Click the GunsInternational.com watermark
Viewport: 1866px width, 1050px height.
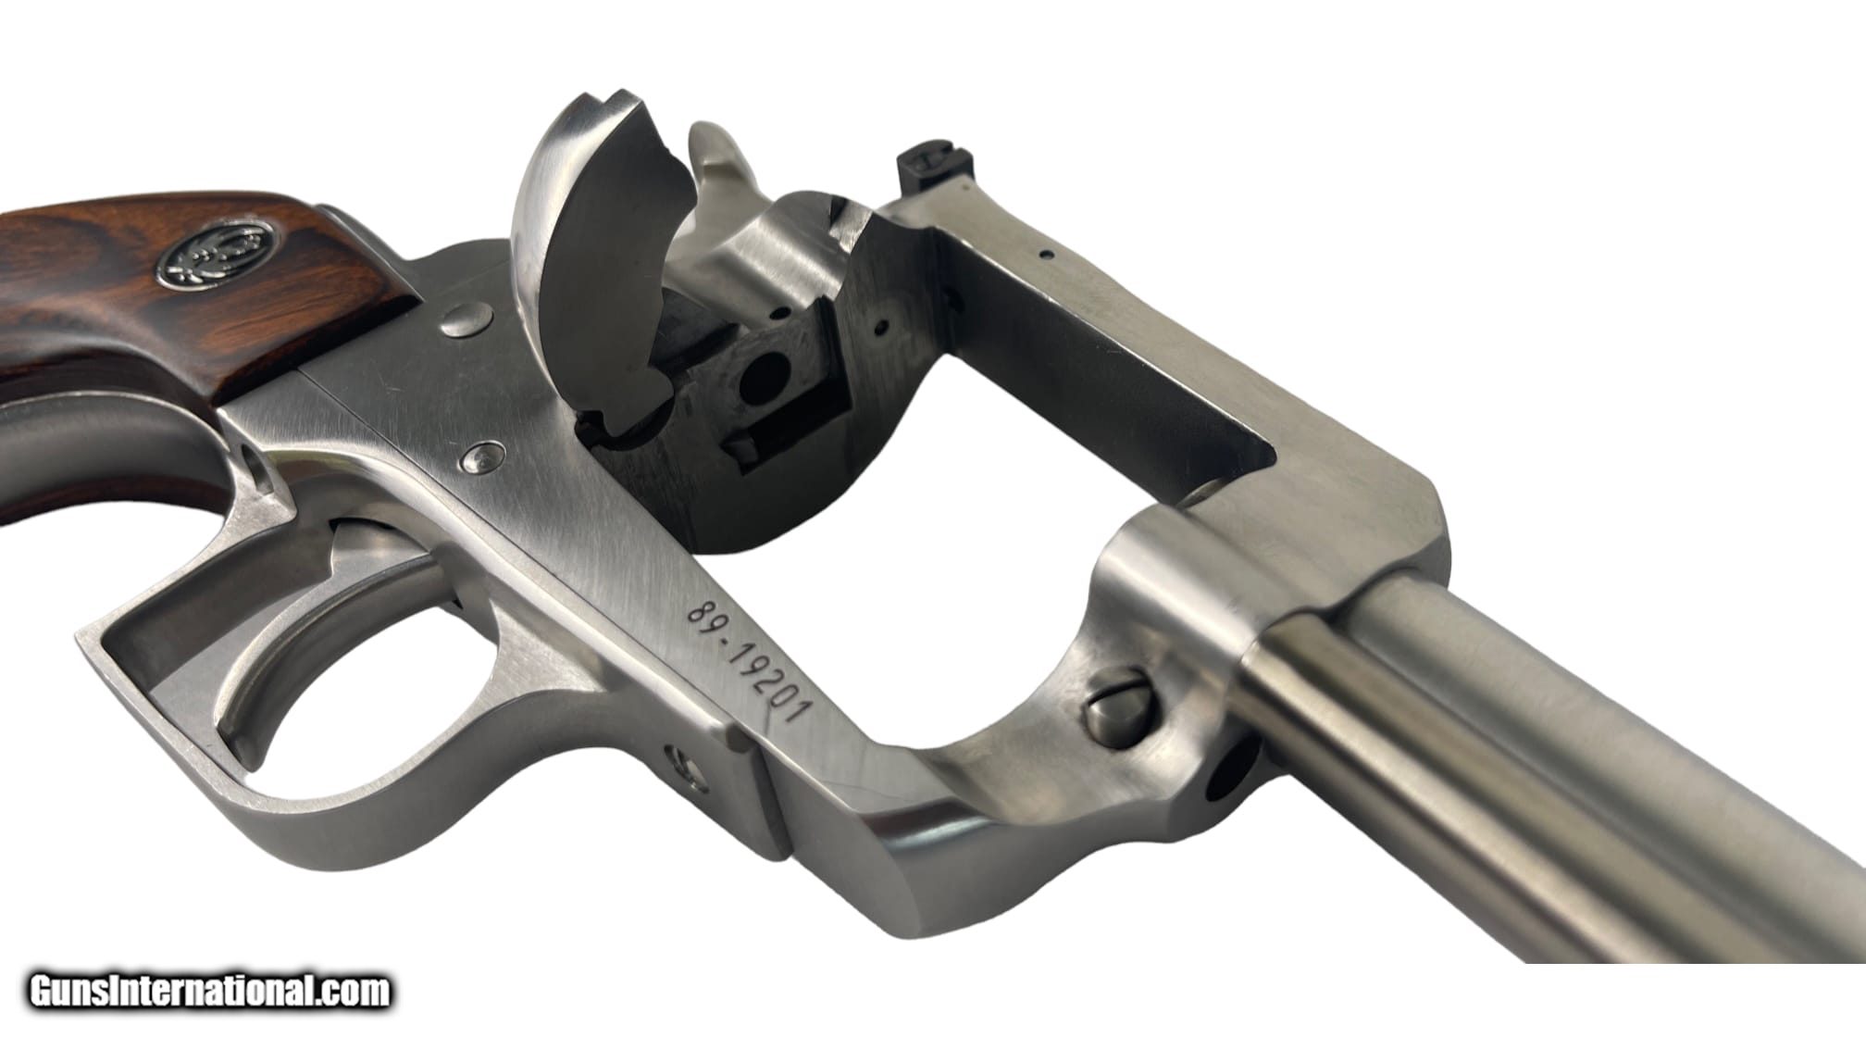coord(210,992)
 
